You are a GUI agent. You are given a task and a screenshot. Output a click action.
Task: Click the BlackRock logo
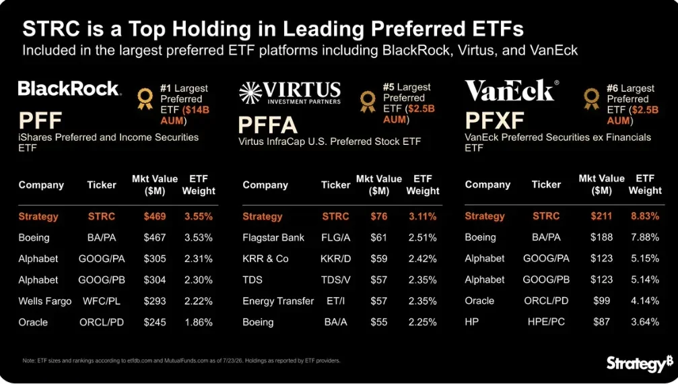[69, 88]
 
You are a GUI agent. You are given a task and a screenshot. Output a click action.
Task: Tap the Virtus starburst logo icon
[250, 93]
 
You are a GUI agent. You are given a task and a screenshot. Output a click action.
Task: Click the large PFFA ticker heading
[268, 125]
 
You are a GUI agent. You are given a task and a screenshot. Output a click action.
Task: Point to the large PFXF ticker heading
[494, 121]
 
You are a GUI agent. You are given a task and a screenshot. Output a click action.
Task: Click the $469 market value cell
[155, 216]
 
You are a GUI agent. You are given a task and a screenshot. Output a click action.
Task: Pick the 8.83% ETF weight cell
[645, 216]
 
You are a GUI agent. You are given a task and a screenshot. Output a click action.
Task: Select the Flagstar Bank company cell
[273, 237]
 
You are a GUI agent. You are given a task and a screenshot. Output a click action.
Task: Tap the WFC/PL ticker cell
[102, 301]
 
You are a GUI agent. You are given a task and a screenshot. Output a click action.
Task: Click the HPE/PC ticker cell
[546, 322]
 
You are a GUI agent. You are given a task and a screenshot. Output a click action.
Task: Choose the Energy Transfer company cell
[278, 301]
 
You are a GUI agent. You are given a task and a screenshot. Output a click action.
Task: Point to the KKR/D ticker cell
[335, 259]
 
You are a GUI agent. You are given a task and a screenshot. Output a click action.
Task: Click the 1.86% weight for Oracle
[199, 322]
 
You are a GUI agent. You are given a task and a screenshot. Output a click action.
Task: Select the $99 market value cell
[601, 300]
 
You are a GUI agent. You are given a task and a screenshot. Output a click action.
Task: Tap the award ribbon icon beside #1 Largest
[145, 99]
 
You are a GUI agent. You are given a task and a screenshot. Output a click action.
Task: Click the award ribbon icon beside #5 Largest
[368, 102]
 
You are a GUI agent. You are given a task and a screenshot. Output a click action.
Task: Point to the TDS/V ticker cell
[335, 280]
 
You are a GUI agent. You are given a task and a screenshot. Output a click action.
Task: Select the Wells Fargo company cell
[45, 301]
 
